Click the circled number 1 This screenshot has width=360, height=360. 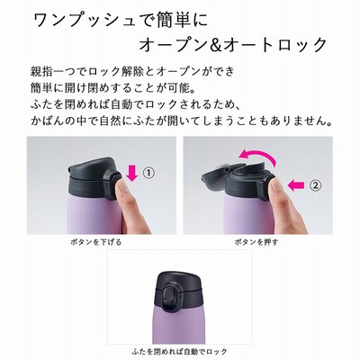(x=148, y=174)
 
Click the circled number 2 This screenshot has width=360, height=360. (x=315, y=185)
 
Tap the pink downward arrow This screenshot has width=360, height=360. (x=132, y=174)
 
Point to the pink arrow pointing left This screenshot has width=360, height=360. (x=296, y=185)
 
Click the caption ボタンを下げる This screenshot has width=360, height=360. (x=96, y=242)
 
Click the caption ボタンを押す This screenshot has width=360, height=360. (x=256, y=242)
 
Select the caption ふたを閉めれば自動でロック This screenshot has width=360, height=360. (x=179, y=351)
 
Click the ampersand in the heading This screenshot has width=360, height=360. (x=213, y=45)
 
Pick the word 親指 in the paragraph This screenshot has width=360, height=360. (x=40, y=71)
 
